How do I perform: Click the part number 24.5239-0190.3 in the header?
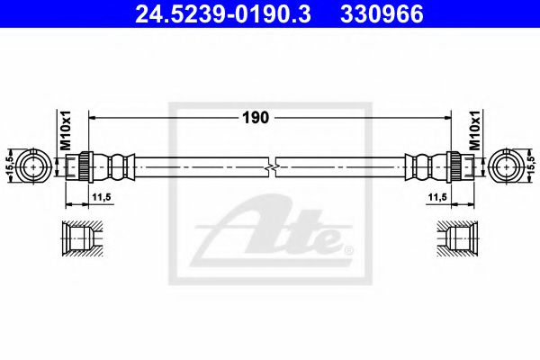223,14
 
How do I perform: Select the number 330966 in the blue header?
382,14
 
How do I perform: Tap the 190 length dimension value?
256,118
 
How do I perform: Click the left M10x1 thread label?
66,130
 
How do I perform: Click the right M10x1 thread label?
475,130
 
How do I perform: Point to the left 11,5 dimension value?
101,197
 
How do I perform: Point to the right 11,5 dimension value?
437,197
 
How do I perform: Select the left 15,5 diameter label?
10,165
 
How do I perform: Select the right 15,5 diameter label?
531,165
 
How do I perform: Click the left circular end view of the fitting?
33,166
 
